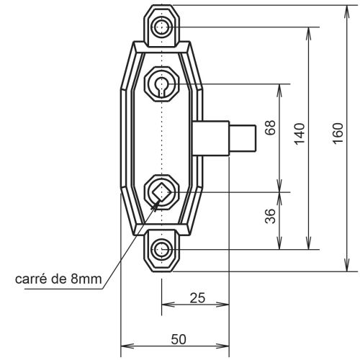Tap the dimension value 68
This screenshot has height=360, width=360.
tap(270, 128)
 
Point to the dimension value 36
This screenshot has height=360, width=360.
tap(270, 217)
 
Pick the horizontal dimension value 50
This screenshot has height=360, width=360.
tap(175, 338)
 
